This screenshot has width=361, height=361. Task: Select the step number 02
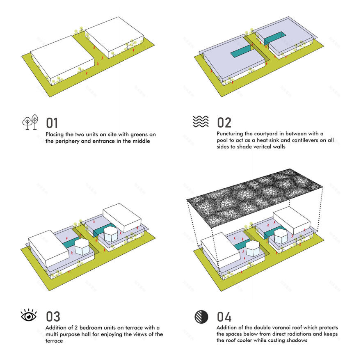(x=224, y=122)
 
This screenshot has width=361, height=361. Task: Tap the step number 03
(x=53, y=316)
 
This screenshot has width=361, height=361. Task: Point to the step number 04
(x=224, y=317)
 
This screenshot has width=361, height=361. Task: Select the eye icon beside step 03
(x=29, y=316)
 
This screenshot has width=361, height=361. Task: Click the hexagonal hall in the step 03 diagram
(x=82, y=247)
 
